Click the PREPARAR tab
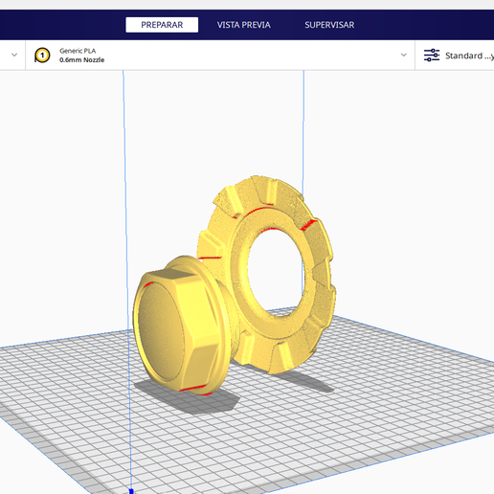(x=162, y=25)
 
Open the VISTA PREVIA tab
(x=243, y=25)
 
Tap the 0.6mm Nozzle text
(x=81, y=60)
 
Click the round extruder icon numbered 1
(x=42, y=56)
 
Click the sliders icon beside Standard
(x=432, y=56)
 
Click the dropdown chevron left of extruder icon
(x=14, y=56)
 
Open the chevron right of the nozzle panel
(x=404, y=56)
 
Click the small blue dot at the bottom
(x=131, y=490)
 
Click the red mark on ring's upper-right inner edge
(x=308, y=225)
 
